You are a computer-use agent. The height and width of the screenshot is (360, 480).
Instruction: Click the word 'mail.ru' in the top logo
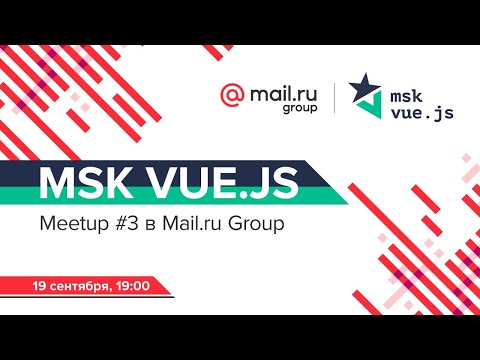point(278,92)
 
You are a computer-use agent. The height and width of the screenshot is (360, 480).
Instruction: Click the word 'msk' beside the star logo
point(406,91)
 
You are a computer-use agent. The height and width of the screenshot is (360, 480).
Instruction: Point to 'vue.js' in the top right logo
point(421,112)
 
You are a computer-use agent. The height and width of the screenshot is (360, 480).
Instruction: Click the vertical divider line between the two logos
point(334,99)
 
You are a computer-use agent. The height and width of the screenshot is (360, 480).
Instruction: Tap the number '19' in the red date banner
point(40,286)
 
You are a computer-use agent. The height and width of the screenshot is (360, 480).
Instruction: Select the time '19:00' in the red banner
point(134,286)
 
